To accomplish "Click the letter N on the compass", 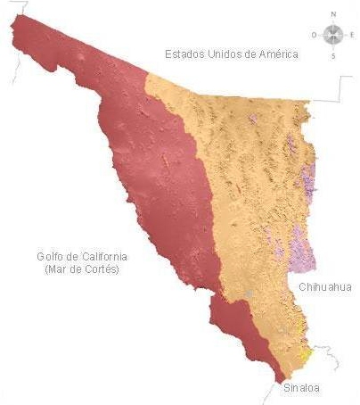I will (333, 14).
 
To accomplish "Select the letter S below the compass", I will (333, 55).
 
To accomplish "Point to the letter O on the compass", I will (314, 35).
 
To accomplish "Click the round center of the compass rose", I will (333, 35).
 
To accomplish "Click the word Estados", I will (184, 54).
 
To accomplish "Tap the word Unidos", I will (228, 54).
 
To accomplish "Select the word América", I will (276, 54).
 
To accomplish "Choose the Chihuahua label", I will (325, 286).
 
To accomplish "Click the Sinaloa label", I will (300, 389).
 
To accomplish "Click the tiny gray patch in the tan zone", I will (250, 293).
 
